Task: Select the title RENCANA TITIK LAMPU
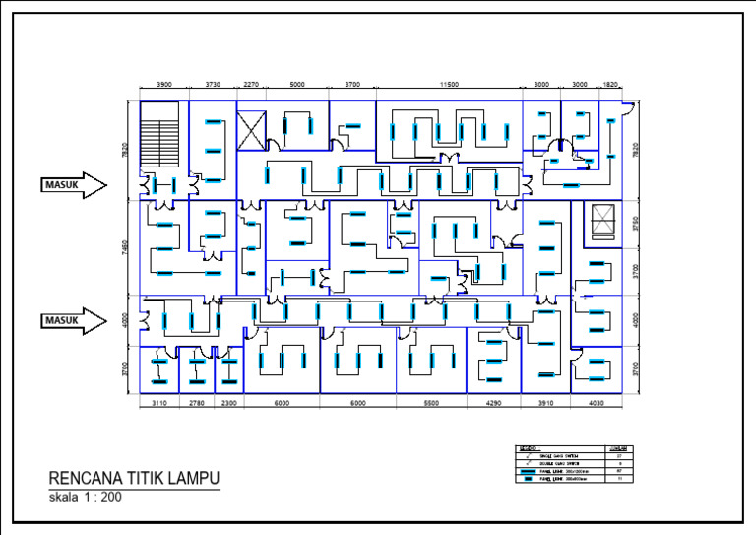pyautogui.click(x=134, y=479)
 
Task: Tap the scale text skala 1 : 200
pyautogui.click(x=86, y=498)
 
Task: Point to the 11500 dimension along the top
pyautogui.click(x=450, y=85)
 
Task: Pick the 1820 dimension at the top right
pyautogui.click(x=610, y=85)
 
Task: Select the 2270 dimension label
pyautogui.click(x=251, y=85)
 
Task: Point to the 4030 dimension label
pyautogui.click(x=597, y=404)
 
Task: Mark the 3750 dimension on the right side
pyautogui.click(x=636, y=223)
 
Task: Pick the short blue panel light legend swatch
pyautogui.click(x=530, y=480)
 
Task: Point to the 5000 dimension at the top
pyautogui.click(x=297, y=85)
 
